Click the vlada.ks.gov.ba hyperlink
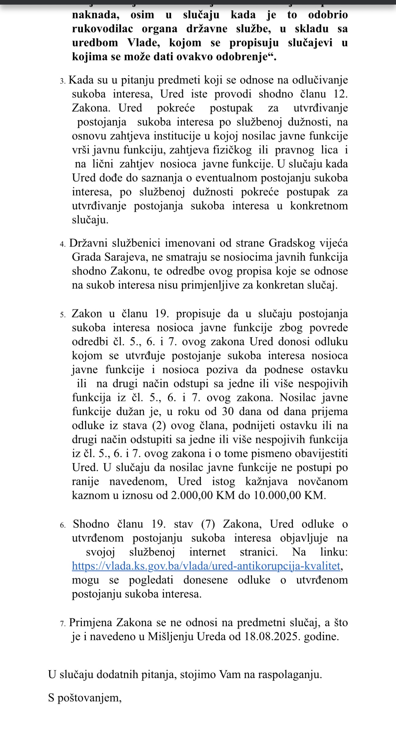click(206, 566)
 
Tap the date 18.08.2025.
click(271, 636)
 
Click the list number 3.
click(63, 81)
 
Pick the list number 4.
click(63, 244)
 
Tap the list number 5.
click(63, 315)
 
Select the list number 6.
click(63, 525)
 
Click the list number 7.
click(63, 624)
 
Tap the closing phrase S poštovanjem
click(85, 698)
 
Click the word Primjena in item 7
click(91, 622)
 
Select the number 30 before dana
click(228, 411)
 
